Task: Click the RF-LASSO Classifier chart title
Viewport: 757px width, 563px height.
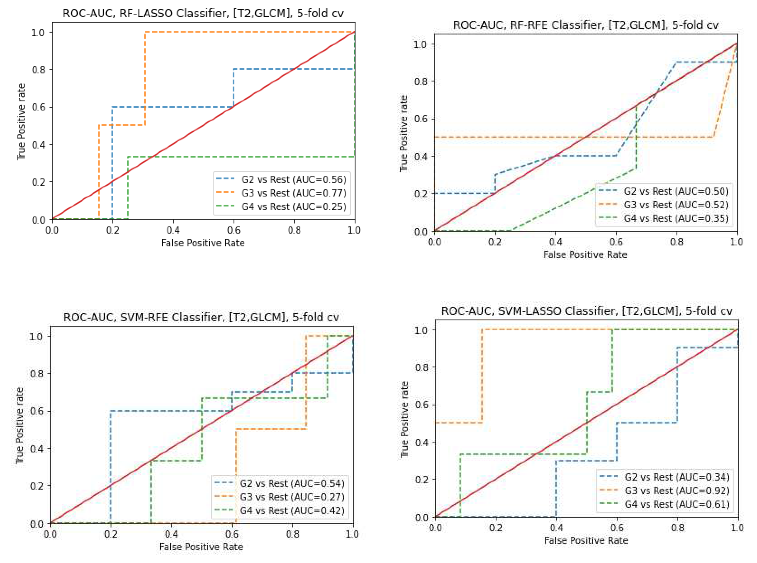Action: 203,13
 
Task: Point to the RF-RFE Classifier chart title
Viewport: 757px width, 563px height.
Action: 586,25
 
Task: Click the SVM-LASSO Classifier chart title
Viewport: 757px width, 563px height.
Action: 586,311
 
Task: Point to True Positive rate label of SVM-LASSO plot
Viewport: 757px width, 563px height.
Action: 404,419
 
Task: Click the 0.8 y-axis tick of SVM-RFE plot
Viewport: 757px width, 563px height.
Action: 37,374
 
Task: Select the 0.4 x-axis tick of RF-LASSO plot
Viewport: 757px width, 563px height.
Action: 173,230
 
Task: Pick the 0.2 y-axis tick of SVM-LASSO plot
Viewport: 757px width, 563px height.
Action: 422,480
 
